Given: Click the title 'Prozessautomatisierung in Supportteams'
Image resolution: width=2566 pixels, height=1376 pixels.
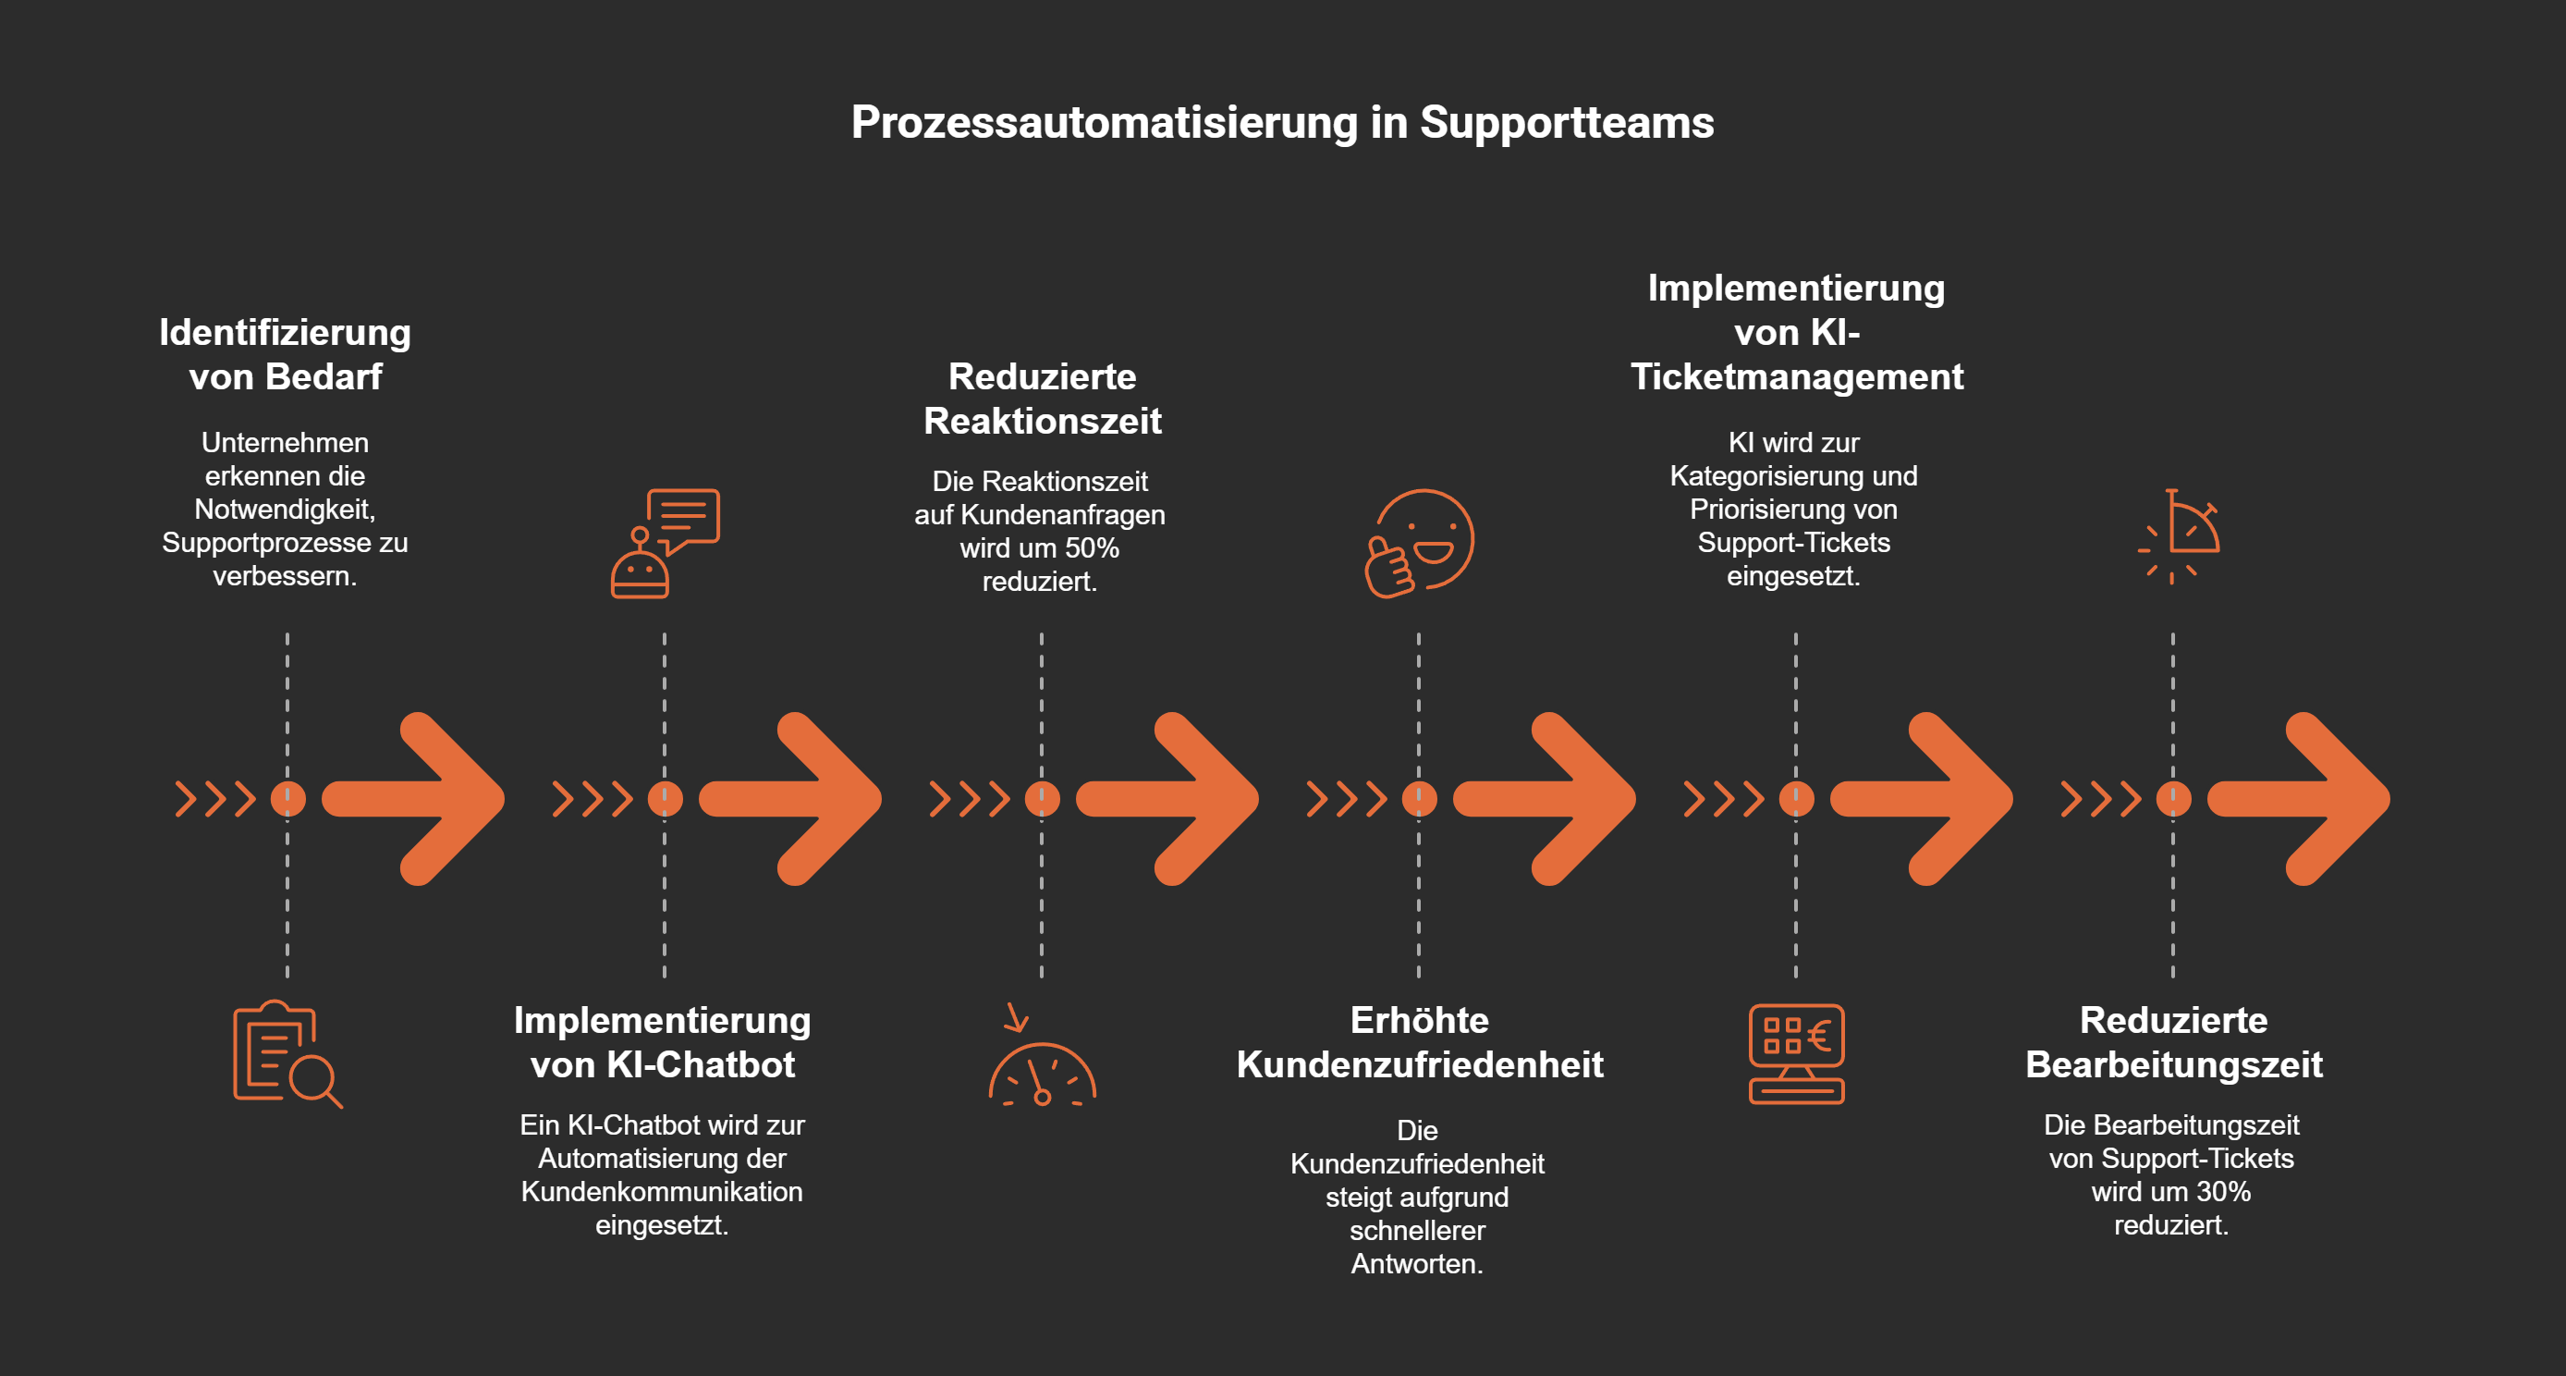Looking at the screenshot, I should coord(1282,123).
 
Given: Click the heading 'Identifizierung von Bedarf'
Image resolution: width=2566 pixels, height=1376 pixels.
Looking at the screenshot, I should coord(285,354).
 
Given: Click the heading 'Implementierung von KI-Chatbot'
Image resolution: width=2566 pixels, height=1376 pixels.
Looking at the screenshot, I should coord(663,1042).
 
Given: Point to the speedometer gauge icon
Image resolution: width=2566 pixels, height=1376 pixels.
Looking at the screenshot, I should coord(1042,1066).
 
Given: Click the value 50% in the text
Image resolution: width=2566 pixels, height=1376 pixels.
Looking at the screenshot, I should coord(1092,548).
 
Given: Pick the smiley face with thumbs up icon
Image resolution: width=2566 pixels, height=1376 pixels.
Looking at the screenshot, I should coord(1419,543).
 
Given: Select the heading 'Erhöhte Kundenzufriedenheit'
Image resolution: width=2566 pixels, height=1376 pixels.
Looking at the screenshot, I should coord(1420,1042).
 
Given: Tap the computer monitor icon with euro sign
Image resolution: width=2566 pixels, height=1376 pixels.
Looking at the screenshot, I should coord(1796,1054).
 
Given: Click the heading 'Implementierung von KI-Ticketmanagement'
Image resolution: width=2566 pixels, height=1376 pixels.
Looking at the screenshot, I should coord(1796,332).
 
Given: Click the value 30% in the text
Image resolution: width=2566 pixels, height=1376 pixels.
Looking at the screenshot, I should coord(2223,1192).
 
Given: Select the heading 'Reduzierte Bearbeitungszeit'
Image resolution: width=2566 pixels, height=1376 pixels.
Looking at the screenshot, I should coord(2173,1042).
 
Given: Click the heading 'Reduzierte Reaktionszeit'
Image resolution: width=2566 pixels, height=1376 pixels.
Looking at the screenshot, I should coord(1042,399).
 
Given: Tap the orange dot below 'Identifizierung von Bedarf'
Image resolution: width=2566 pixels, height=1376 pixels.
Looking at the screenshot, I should coord(287,798).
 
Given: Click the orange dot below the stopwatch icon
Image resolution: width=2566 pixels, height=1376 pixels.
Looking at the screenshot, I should coord(2173,798).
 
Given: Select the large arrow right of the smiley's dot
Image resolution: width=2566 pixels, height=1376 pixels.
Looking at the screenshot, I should coord(1544,798).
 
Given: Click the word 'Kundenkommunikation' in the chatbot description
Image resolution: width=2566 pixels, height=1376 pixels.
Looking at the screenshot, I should coord(662,1192).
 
